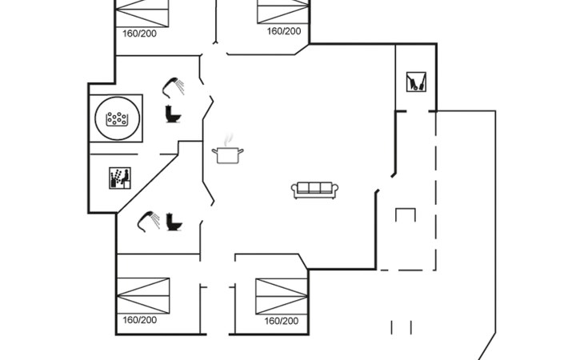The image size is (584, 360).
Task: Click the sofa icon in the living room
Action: point(314,190)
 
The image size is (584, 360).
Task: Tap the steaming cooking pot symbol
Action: point(227,151)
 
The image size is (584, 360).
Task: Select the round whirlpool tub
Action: point(118,119)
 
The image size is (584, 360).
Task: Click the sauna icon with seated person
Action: point(119,178)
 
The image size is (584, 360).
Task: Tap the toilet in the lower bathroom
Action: point(174,222)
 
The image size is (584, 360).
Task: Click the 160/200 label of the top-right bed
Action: point(283,31)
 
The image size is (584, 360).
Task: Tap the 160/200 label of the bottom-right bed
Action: point(281,321)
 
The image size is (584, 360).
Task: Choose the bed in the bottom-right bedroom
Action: point(282,295)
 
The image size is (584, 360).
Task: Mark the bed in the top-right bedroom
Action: point(283,10)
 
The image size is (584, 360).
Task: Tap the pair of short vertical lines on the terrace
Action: point(401,327)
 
